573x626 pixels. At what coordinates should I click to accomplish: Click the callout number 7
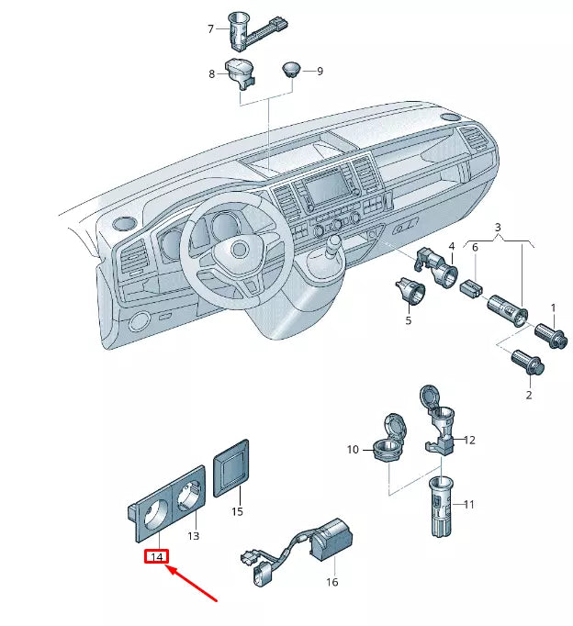coord(210,29)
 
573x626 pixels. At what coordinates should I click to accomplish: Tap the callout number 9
coord(320,71)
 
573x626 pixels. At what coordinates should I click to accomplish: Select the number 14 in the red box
coord(156,556)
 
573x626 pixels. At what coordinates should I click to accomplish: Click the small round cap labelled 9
coord(291,69)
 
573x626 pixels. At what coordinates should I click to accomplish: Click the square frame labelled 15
coord(231,466)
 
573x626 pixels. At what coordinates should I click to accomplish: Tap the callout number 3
coord(499,227)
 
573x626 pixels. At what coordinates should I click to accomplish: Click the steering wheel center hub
coord(239,250)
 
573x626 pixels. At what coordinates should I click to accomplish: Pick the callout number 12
coord(470,440)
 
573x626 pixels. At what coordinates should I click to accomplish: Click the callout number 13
coord(194,535)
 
